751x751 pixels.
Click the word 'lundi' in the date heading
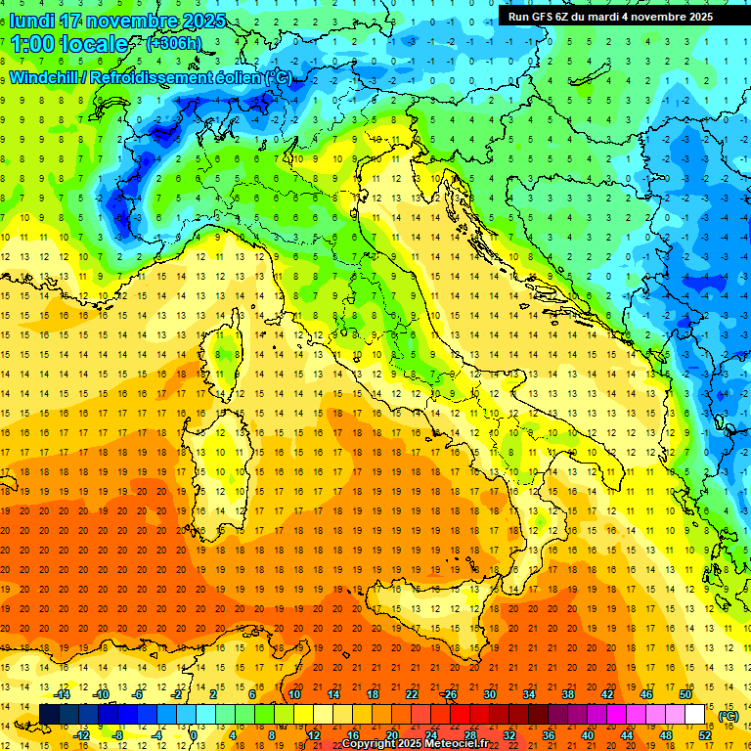[31, 21]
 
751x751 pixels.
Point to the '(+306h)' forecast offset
[176, 44]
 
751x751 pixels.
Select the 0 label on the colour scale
[195, 734]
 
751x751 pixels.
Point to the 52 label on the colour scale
[704, 734]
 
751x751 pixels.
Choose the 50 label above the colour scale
[685, 694]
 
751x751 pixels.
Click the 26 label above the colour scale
[450, 694]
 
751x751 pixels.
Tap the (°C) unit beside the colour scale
[728, 716]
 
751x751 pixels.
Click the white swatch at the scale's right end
[694, 715]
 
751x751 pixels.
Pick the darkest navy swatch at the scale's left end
[49, 715]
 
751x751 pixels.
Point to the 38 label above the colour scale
[567, 694]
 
